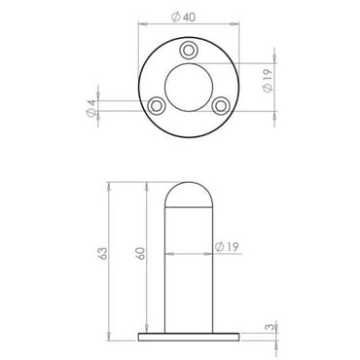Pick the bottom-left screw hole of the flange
155,103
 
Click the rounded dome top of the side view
186,192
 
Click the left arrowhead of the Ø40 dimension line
142,25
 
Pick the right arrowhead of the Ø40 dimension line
231,25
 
